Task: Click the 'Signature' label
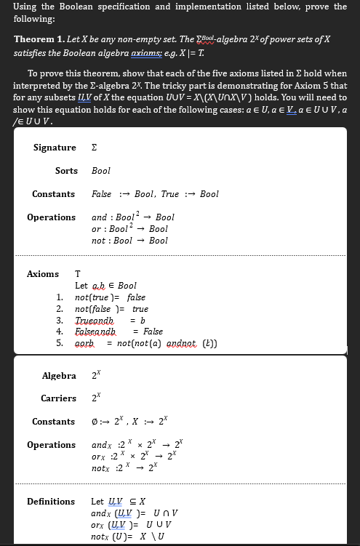55,148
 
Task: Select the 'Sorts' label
66,171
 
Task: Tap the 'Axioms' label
42,274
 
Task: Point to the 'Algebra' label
59,376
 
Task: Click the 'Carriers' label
58,398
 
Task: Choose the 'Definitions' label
51,502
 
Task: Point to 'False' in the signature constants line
102,194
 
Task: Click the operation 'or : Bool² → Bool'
129,229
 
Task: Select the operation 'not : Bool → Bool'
129,241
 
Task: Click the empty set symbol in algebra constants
95,422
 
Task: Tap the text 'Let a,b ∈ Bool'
105,286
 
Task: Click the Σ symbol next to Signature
94,148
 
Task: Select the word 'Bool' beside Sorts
101,171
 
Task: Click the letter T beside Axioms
78,274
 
